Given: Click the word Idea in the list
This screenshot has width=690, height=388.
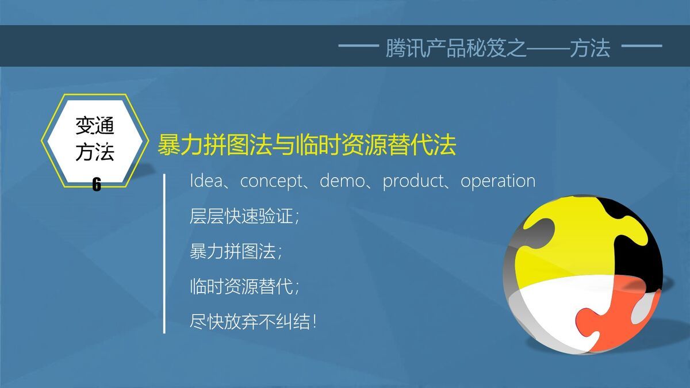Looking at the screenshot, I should (x=205, y=180).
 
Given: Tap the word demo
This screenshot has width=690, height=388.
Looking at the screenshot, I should (x=342, y=181).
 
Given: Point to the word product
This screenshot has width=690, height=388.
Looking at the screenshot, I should (x=413, y=181).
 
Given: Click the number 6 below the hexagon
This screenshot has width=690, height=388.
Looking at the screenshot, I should (x=97, y=185).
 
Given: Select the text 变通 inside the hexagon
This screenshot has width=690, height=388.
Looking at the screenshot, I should (x=95, y=126).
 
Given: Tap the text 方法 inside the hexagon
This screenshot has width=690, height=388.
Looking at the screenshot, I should (x=95, y=152).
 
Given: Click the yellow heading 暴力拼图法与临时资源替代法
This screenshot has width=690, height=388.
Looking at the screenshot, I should (x=306, y=145).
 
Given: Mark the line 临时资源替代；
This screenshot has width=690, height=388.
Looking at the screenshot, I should (x=244, y=286).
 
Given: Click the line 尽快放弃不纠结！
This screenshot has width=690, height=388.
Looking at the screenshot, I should (x=253, y=320).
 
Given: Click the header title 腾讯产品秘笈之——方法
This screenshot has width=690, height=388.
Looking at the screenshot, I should (x=497, y=49).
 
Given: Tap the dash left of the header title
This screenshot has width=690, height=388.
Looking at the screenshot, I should (x=358, y=46).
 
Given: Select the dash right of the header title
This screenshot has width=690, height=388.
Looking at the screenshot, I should (x=642, y=46).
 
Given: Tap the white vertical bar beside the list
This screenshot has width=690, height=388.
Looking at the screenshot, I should (x=165, y=253).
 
